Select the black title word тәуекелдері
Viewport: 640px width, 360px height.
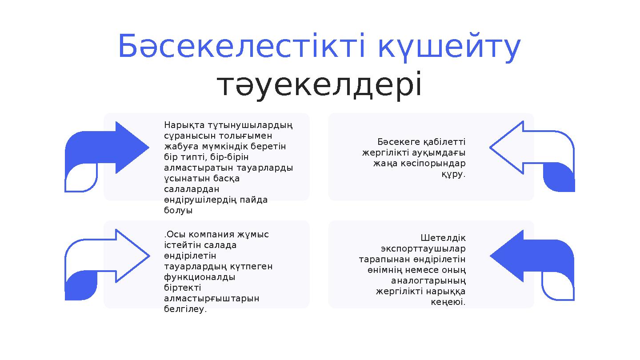coord(320,85)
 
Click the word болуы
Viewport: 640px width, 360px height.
coord(178,210)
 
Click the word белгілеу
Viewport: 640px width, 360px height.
coord(185,309)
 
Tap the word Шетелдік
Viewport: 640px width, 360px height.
coord(443,238)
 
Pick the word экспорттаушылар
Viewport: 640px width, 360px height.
coord(423,248)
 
